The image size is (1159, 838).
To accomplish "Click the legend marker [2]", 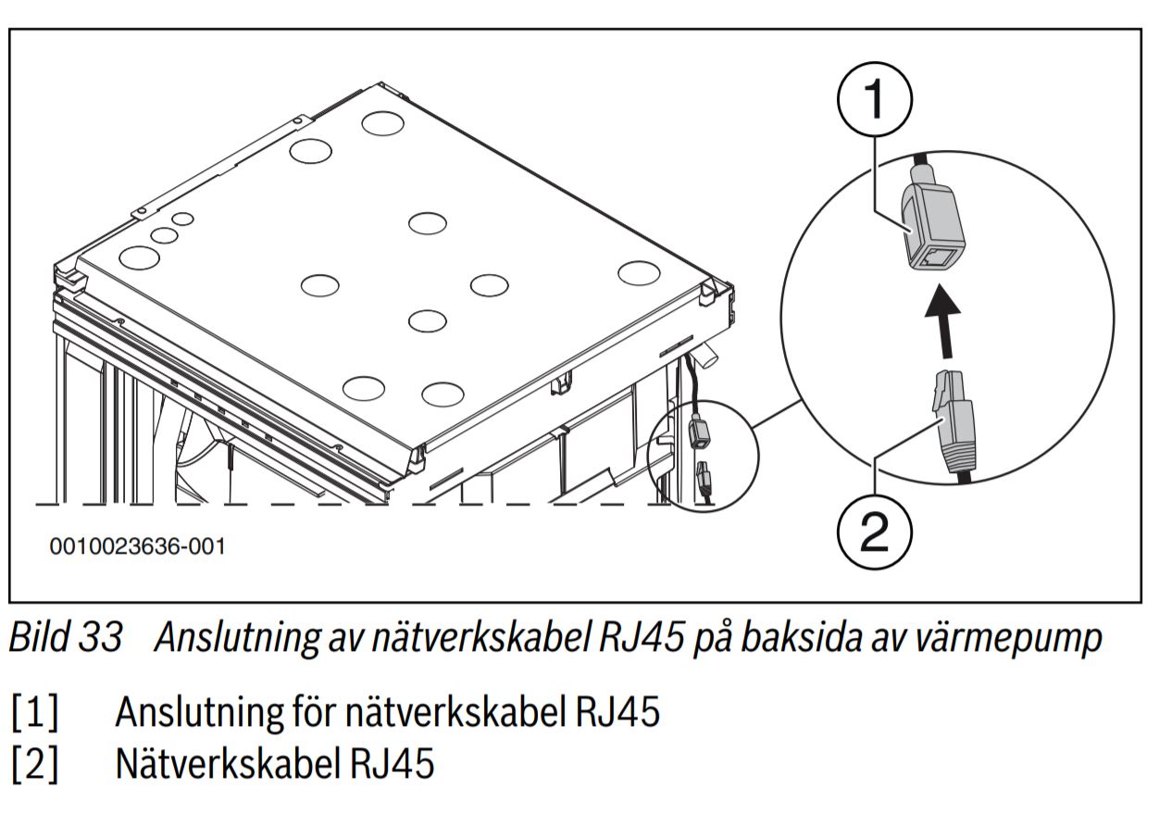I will (x=35, y=765).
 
